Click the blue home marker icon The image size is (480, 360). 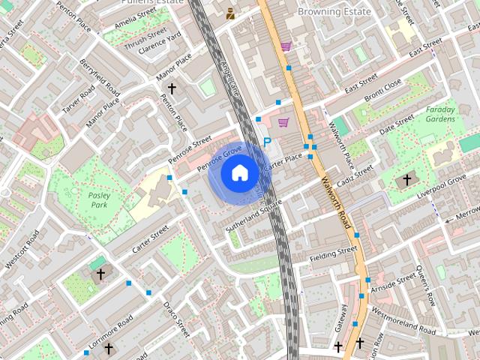point(239,172)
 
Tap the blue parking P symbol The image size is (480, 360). point(267,142)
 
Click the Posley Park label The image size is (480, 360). point(99,199)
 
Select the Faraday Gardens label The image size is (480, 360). point(440,114)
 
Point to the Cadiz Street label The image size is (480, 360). point(354,178)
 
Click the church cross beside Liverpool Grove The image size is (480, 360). point(407,180)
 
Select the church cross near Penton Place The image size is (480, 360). point(172,89)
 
